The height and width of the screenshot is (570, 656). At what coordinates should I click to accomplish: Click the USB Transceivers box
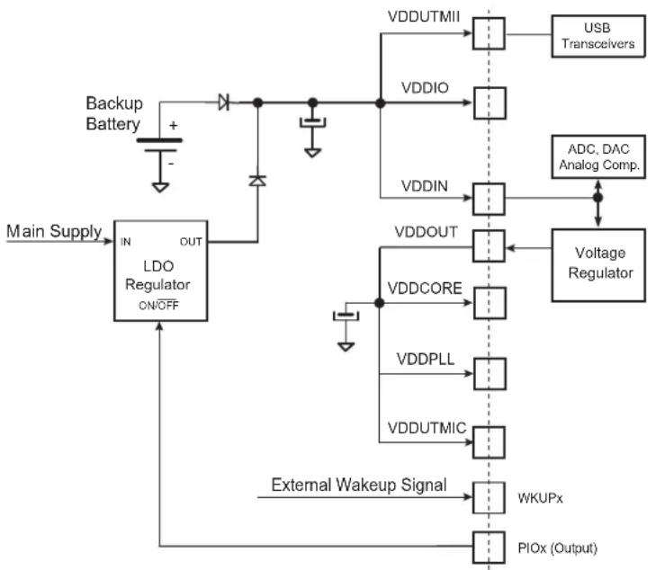pyautogui.click(x=598, y=36)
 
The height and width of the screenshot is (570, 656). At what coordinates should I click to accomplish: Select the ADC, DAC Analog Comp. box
pyautogui.click(x=598, y=157)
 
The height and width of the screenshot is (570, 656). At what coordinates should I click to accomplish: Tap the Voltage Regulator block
pyautogui.click(x=598, y=265)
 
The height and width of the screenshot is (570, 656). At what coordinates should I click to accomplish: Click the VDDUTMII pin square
pyautogui.click(x=489, y=33)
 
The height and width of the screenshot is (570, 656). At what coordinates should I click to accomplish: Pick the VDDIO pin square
pyautogui.click(x=490, y=103)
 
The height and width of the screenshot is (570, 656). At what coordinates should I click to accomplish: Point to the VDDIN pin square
pyautogui.click(x=489, y=200)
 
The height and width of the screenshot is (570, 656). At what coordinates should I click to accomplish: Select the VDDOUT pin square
pyautogui.click(x=489, y=246)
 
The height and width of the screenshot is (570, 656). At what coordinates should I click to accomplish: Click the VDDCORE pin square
pyautogui.click(x=490, y=303)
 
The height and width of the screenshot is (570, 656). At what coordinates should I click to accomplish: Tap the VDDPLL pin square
pyautogui.click(x=490, y=374)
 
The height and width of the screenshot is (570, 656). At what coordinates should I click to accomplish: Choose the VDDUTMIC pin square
pyautogui.click(x=489, y=442)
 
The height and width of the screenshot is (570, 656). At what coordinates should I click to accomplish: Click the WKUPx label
pyautogui.click(x=540, y=498)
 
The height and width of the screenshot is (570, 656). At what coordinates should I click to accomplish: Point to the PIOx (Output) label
pyautogui.click(x=557, y=548)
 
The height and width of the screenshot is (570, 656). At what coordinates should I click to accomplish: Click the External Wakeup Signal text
pyautogui.click(x=359, y=485)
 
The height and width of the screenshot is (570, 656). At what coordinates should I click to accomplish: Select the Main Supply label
pyautogui.click(x=54, y=231)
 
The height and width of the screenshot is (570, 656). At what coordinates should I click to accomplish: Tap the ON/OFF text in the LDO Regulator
pyautogui.click(x=158, y=305)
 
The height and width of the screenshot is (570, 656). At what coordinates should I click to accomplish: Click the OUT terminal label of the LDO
pyautogui.click(x=191, y=242)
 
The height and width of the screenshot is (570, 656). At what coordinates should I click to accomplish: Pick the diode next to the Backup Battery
pyautogui.click(x=224, y=102)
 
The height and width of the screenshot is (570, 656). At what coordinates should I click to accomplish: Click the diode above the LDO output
pyautogui.click(x=257, y=181)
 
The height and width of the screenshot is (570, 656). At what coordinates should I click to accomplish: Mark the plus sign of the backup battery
pyautogui.click(x=173, y=125)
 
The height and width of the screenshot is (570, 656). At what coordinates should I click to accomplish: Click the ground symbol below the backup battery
pyautogui.click(x=160, y=187)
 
